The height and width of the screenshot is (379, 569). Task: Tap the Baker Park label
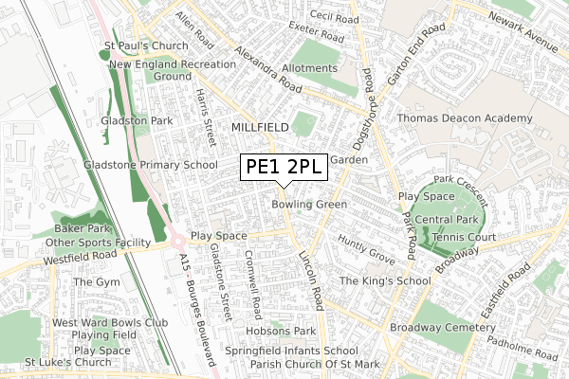coord(82,229)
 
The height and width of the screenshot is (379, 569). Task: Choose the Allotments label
coord(308,69)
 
